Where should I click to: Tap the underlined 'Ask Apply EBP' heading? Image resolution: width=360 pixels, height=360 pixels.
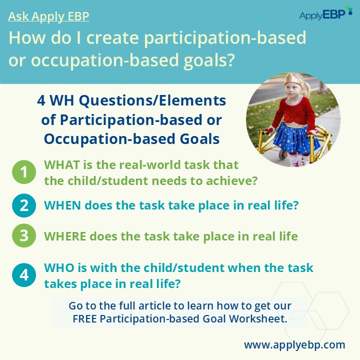point(48,16)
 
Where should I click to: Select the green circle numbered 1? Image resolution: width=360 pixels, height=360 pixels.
point(24,172)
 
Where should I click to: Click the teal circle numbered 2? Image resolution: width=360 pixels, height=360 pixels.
point(24,205)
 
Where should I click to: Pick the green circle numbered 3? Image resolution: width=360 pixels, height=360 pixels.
point(24,235)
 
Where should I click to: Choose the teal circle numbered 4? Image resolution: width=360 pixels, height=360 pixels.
point(24,275)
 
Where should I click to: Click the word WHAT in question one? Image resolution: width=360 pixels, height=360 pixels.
point(62,165)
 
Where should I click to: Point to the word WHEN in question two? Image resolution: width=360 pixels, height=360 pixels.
point(62,205)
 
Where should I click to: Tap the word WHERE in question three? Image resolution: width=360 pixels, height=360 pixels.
point(65,236)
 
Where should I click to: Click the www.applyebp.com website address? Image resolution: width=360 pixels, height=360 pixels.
point(294,345)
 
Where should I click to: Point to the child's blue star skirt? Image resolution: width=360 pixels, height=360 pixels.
point(296,138)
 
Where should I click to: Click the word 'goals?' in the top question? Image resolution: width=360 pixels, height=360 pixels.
point(209,60)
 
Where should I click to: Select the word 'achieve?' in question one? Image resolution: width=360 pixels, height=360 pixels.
point(231,180)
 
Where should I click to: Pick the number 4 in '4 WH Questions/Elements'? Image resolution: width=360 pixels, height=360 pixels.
point(41,100)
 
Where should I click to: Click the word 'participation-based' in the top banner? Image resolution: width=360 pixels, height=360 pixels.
point(225,38)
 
